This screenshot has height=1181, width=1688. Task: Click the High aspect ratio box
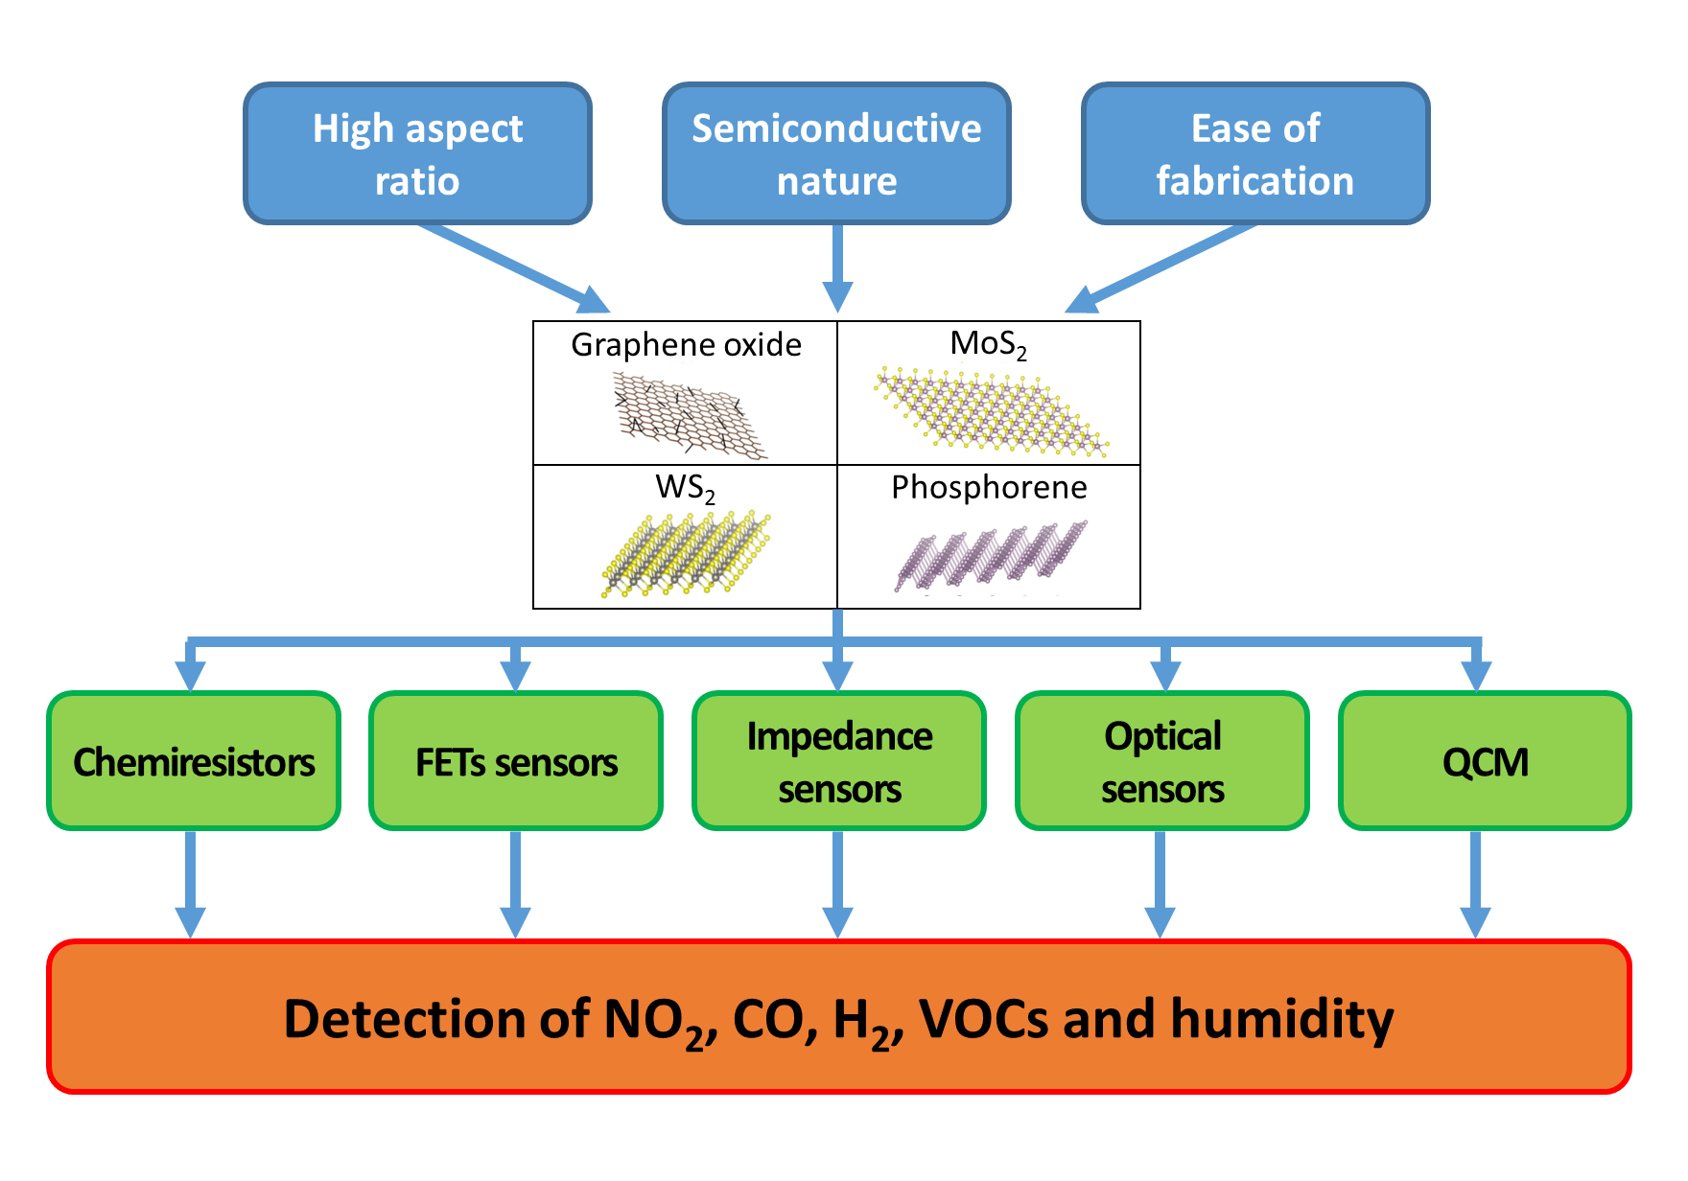pyautogui.click(x=417, y=153)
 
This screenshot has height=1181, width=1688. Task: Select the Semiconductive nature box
pyautogui.click(x=836, y=153)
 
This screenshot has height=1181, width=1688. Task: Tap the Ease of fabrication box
pyautogui.click(x=1255, y=153)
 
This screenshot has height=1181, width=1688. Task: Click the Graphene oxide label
pyautogui.click(x=686, y=345)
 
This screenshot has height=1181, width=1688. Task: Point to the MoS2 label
pyautogui.click(x=988, y=343)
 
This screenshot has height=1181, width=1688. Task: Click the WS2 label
pyautogui.click(x=685, y=488)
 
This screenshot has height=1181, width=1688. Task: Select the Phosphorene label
pyautogui.click(x=989, y=488)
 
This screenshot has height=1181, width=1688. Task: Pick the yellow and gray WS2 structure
pyautogui.click(x=686, y=554)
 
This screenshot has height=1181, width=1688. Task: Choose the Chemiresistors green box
pyautogui.click(x=194, y=761)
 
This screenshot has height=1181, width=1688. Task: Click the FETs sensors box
pyautogui.click(x=516, y=761)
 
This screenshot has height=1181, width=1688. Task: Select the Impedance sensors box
pyautogui.click(x=839, y=761)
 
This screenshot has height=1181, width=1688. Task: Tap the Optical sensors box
pyautogui.click(x=1162, y=761)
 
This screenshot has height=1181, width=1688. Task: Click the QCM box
pyautogui.click(x=1485, y=761)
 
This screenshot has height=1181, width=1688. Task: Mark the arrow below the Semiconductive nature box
pyautogui.click(x=837, y=266)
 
